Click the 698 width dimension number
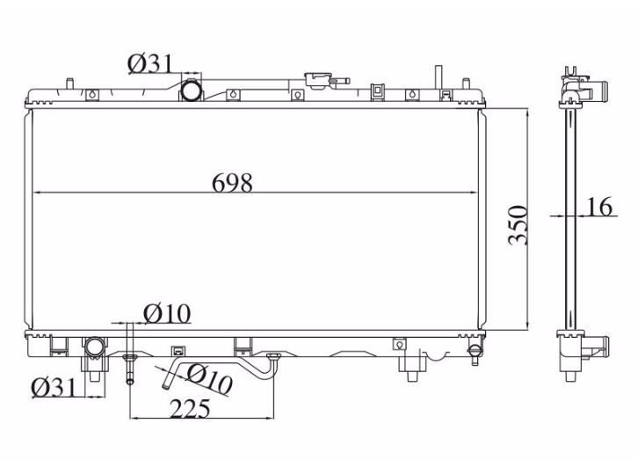click(x=232, y=183)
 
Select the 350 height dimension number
click(x=518, y=225)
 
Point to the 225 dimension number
click(x=190, y=409)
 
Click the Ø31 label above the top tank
click(x=150, y=63)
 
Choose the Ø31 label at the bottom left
click(x=54, y=387)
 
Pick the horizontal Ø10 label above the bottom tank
click(x=167, y=314)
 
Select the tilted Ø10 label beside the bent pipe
click(x=209, y=378)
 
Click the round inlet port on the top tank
click(x=191, y=91)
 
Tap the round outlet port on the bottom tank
click(x=95, y=347)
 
